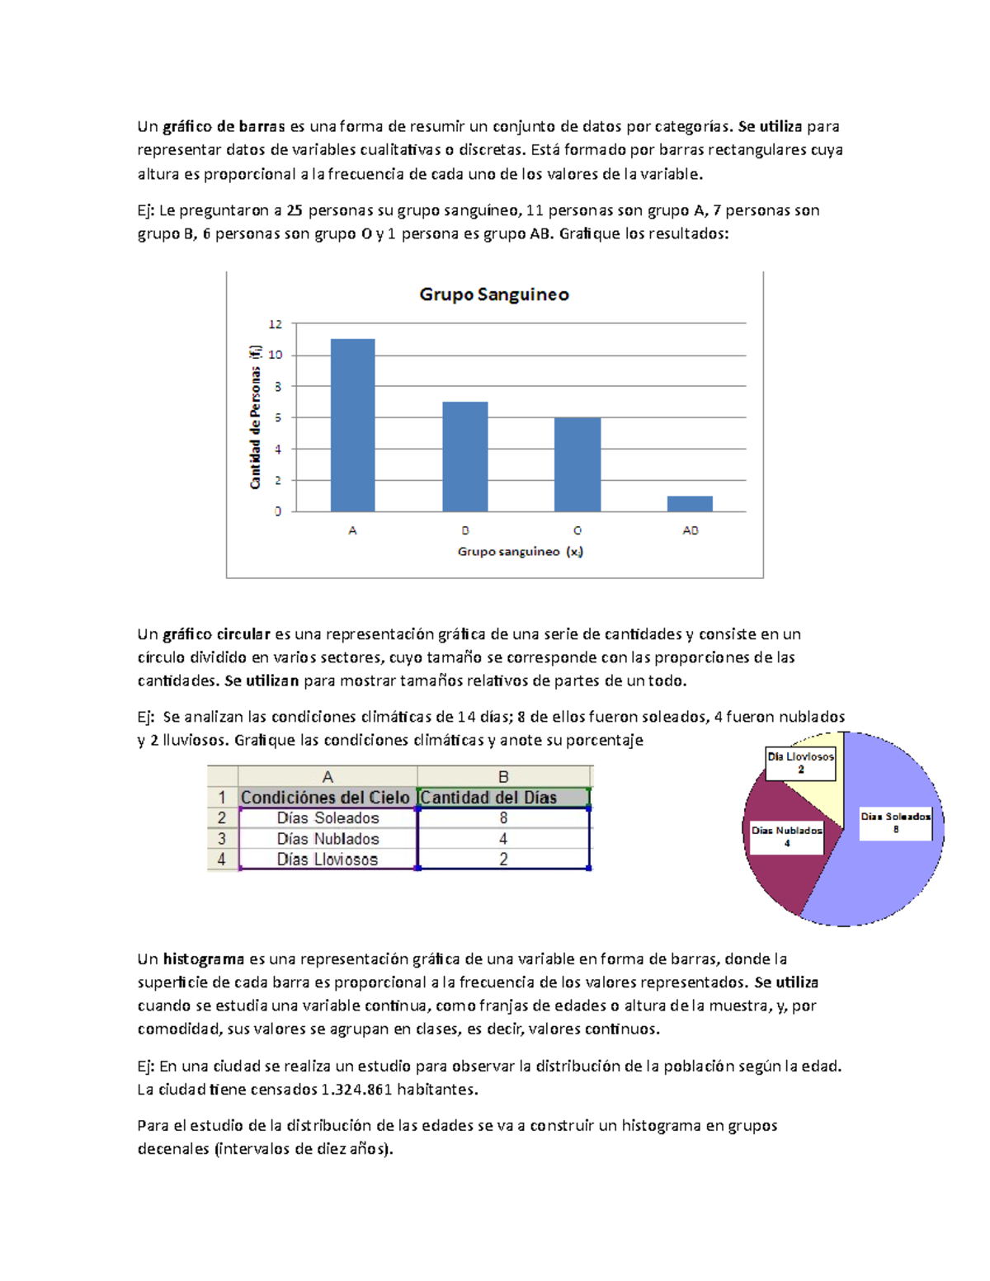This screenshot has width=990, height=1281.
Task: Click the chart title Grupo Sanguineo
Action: tap(494, 294)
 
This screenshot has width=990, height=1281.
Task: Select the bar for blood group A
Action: tap(352, 425)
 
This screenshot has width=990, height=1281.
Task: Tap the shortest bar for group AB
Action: tap(690, 503)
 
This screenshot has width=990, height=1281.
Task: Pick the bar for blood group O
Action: tap(577, 464)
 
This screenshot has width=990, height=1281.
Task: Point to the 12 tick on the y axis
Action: tap(276, 324)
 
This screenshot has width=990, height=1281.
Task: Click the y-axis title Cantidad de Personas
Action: tap(256, 417)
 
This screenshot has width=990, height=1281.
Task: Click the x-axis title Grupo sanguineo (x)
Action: tap(520, 552)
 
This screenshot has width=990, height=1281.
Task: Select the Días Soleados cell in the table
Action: tap(328, 818)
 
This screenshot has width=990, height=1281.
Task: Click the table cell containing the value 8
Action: tap(503, 818)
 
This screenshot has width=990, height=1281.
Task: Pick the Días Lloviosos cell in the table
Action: tap(328, 859)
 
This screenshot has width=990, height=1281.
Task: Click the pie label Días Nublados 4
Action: tap(786, 836)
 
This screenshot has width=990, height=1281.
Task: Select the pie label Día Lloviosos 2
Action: tap(800, 763)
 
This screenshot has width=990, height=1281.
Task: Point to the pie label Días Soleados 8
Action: tap(895, 822)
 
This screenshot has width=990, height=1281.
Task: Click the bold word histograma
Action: tap(203, 959)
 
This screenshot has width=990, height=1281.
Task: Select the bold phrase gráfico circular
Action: tap(216, 634)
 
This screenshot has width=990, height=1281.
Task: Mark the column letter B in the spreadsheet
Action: tap(503, 777)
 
